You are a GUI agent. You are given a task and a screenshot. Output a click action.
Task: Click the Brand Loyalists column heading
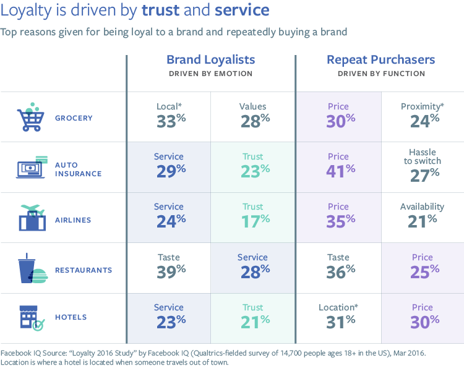(x=210, y=60)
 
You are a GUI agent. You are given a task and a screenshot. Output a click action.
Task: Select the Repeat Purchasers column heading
(x=380, y=60)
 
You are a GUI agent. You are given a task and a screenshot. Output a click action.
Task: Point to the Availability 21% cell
(x=423, y=213)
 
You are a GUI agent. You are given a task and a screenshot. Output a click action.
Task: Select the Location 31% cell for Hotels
(x=338, y=314)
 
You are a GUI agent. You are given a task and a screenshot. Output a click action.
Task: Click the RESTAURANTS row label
(x=84, y=270)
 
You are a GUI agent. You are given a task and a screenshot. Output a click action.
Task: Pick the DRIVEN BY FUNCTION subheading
(x=380, y=74)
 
